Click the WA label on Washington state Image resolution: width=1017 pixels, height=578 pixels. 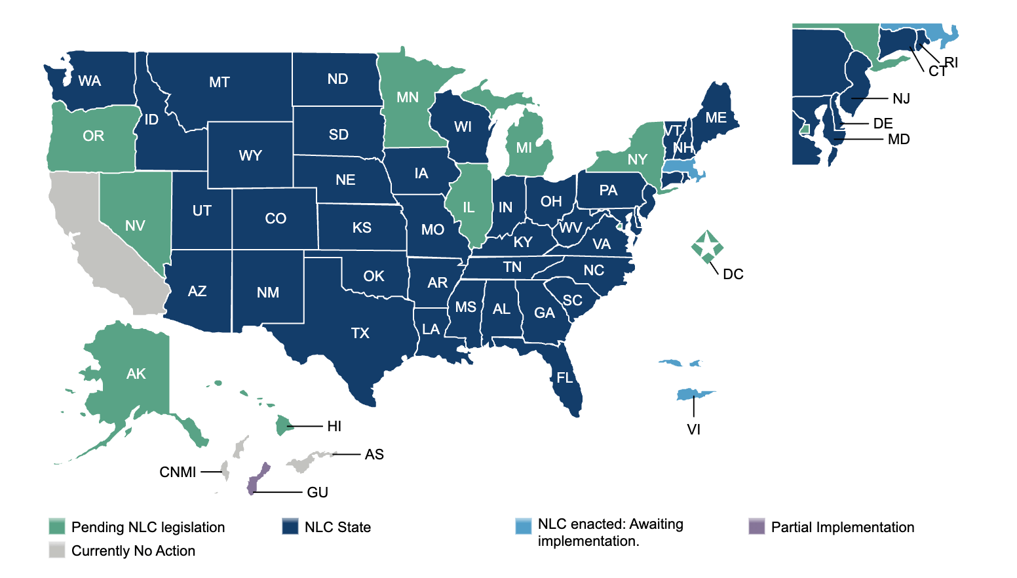click(x=90, y=81)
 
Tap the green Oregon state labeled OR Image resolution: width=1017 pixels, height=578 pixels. click(x=93, y=136)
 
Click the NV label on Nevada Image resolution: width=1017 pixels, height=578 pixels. click(x=135, y=226)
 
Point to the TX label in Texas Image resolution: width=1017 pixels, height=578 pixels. click(x=360, y=334)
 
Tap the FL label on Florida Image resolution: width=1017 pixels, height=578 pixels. click(x=564, y=378)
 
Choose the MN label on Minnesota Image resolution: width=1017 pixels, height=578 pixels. click(x=408, y=98)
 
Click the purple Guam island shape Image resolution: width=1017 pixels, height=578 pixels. click(x=258, y=478)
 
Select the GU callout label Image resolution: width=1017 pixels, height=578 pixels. click(x=317, y=492)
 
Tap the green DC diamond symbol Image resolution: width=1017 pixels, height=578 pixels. click(x=707, y=246)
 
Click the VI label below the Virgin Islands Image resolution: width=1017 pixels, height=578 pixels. click(x=693, y=430)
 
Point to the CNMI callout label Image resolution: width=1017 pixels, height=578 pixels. click(x=178, y=472)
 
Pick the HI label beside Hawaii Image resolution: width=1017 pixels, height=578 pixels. click(x=334, y=427)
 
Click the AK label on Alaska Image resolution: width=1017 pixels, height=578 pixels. click(x=136, y=374)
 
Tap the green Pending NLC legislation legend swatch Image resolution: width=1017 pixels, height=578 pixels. click(x=57, y=527)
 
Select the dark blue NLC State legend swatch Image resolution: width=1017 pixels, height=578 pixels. click(x=290, y=527)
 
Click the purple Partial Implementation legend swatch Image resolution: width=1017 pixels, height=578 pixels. click(x=757, y=527)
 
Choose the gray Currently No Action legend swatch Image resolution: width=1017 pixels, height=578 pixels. click(x=57, y=550)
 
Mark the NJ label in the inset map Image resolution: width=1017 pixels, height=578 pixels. click(x=901, y=99)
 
